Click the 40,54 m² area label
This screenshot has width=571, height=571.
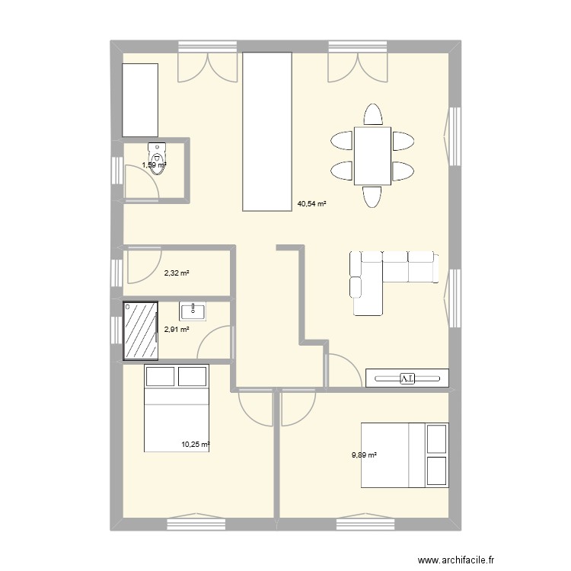[311, 204]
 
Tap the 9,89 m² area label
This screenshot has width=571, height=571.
[364, 455]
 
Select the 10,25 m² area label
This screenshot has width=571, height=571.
[195, 445]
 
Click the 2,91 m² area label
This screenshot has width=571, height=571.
[176, 330]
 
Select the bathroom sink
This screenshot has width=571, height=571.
[193, 311]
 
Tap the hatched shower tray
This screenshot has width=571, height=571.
[141, 330]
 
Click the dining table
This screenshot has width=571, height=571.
[372, 156]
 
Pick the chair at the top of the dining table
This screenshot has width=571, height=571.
[372, 114]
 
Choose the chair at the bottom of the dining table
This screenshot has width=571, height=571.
[372, 197]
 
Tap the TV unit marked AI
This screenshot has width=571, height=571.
[407, 378]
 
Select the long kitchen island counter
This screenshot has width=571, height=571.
[267, 131]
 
